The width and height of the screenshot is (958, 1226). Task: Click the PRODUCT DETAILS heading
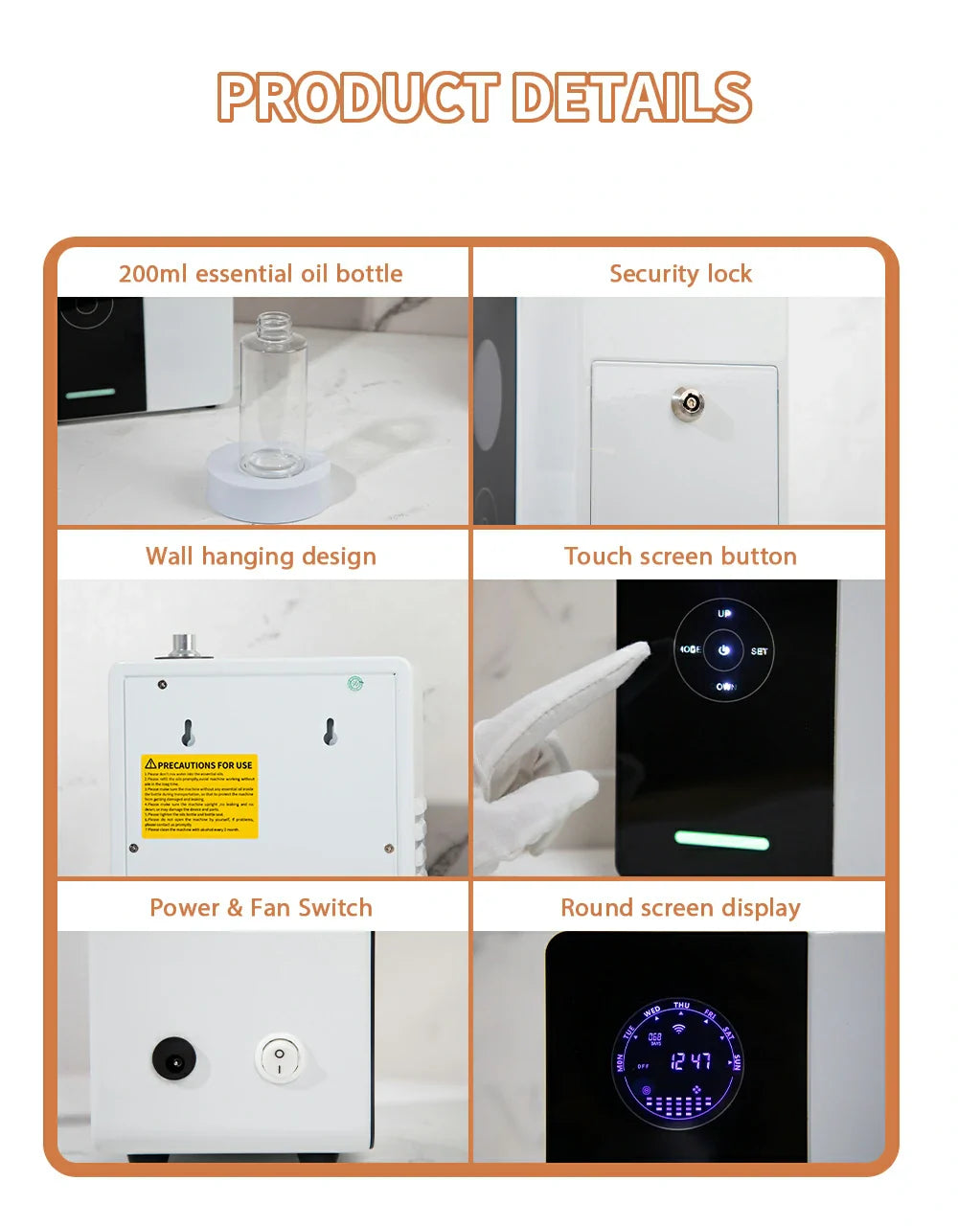pos(484,97)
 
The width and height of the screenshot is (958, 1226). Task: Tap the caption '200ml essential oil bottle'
pos(261,274)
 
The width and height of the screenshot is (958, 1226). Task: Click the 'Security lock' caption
pos(680,274)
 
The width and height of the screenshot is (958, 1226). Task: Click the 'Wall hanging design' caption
pos(261,556)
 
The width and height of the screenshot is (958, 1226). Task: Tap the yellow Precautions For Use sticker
pos(200,796)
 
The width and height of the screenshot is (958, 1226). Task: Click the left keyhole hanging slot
pos(188,733)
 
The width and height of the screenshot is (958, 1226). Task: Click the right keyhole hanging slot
pos(330,732)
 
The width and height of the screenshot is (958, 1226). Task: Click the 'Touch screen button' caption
pos(680,556)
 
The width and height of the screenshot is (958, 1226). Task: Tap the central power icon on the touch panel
pos(724,650)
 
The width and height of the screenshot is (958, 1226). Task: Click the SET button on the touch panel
pos(759,651)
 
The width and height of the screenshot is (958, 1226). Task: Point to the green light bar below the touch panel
pos(721,841)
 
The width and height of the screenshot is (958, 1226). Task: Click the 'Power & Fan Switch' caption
pos(261,908)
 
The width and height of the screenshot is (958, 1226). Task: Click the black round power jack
pos(176,1061)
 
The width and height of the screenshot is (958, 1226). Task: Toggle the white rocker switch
pos(279,1059)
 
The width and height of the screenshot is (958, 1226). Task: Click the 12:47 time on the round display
pos(690,1061)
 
